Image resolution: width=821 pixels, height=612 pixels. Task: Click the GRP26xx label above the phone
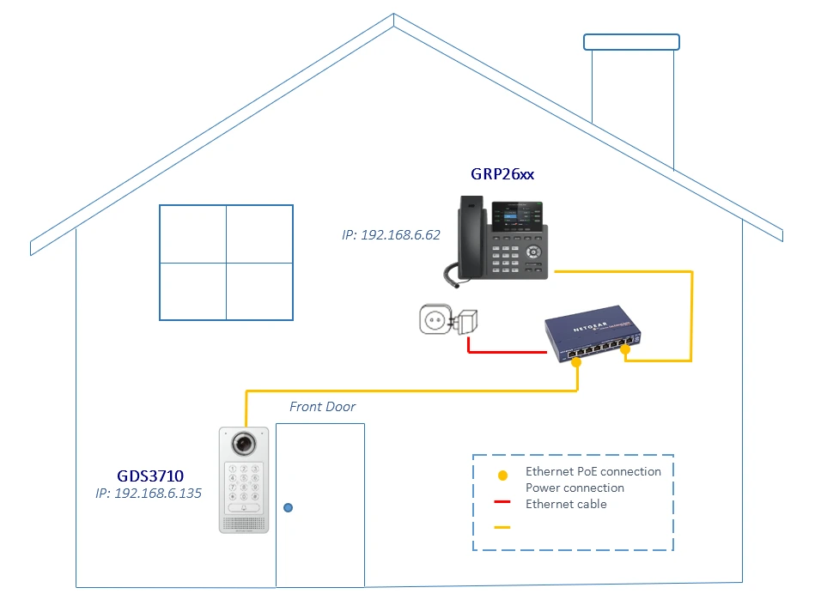(x=502, y=174)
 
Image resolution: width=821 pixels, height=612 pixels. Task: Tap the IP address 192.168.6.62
(x=391, y=233)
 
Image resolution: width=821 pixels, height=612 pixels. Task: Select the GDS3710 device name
(x=150, y=476)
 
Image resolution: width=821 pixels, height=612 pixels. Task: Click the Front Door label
(x=322, y=407)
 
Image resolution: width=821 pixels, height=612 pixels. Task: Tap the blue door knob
(x=289, y=507)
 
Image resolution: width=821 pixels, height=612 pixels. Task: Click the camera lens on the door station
(x=244, y=444)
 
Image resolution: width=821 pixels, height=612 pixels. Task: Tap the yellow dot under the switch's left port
(x=576, y=363)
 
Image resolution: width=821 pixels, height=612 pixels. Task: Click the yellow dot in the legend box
(x=502, y=475)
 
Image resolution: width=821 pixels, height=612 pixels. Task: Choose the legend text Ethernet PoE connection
(x=593, y=471)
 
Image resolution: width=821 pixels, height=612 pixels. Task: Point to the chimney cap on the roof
(x=631, y=41)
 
